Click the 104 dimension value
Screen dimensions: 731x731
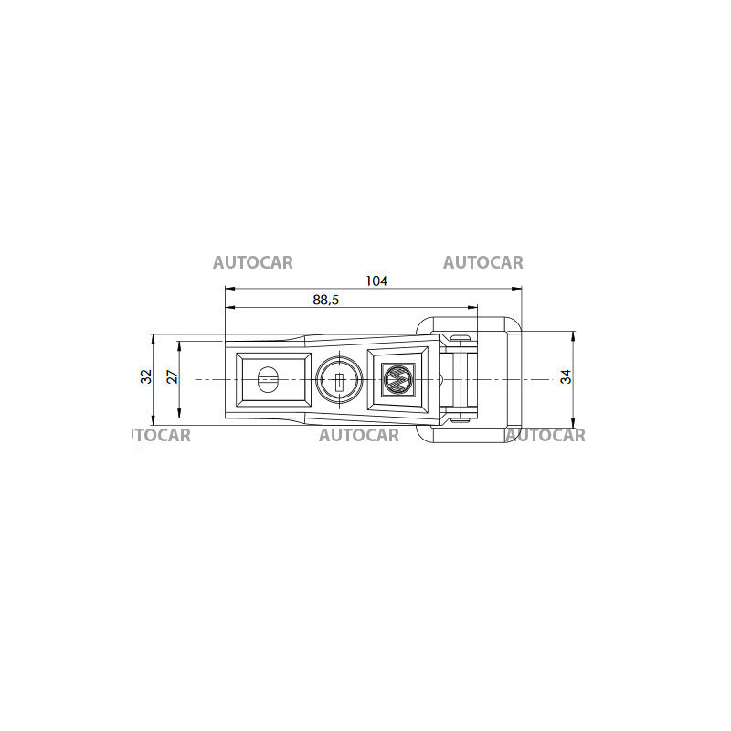pyautogui.click(x=376, y=281)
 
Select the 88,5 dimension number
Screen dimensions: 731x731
pyautogui.click(x=326, y=300)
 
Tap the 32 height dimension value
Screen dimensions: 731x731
pyautogui.click(x=146, y=376)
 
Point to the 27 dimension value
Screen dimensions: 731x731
pyautogui.click(x=173, y=376)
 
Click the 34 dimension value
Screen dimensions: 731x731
pyautogui.click(x=566, y=376)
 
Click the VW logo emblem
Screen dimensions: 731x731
pyautogui.click(x=397, y=379)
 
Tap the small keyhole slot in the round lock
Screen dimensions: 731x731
pyautogui.click(x=340, y=383)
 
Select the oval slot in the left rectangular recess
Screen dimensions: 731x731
pyautogui.click(x=268, y=380)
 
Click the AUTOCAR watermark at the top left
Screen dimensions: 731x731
pyautogui.click(x=253, y=263)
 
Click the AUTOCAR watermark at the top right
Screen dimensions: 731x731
pyautogui.click(x=483, y=263)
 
